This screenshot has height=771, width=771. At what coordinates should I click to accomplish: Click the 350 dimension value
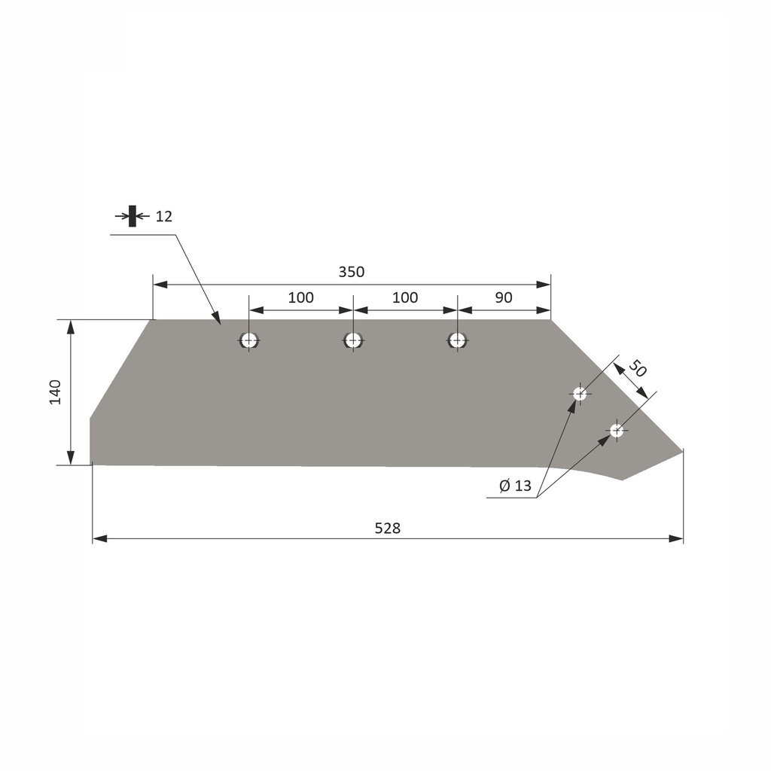351,272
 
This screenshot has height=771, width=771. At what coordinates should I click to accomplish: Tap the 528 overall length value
387,528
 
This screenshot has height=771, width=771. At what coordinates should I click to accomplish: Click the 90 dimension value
504,297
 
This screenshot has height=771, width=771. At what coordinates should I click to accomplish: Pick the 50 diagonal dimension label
638,369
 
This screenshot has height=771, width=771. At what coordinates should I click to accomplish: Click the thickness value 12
164,217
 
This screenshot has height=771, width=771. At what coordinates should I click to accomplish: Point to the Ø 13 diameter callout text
515,486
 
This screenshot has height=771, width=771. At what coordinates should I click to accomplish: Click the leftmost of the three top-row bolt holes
249,340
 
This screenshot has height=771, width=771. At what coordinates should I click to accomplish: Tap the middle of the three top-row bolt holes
353,340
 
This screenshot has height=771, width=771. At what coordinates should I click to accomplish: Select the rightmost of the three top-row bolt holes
457,340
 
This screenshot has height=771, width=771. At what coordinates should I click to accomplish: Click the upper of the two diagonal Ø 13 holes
580,393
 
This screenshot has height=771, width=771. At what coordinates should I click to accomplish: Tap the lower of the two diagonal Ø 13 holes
617,431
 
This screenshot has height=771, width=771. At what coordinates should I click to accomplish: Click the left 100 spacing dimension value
300,297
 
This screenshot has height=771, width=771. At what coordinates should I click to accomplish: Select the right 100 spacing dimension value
405,297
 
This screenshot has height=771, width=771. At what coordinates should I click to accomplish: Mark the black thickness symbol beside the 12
133,216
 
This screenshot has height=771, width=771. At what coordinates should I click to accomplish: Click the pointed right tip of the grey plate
681,451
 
